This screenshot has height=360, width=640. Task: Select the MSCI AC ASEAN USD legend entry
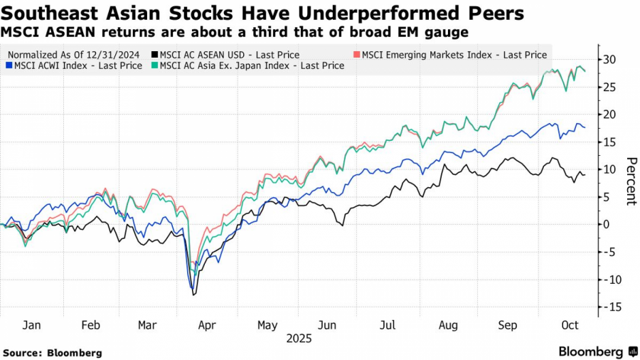[x=225, y=54]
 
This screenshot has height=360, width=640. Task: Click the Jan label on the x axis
[x=31, y=325]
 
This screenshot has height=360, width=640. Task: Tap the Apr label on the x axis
[x=206, y=325]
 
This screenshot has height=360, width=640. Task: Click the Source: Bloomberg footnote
[x=53, y=353]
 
